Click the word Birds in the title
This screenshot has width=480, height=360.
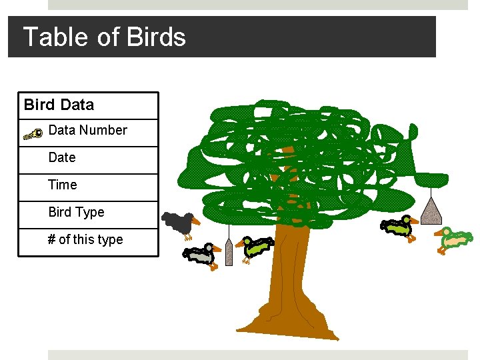click(156, 37)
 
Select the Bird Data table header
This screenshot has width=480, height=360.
click(59, 105)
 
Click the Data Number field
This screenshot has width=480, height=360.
click(87, 131)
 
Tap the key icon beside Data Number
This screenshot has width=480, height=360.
click(33, 134)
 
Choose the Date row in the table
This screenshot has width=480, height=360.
click(62, 158)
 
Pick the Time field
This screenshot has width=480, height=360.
click(63, 185)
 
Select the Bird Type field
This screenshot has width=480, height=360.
click(76, 212)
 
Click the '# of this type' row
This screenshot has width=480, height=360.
click(85, 239)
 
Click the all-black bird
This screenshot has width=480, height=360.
click(178, 223)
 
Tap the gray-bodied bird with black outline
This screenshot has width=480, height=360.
click(199, 254)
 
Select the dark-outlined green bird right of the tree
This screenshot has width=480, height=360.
click(398, 227)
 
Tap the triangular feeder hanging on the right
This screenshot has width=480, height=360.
click(432, 211)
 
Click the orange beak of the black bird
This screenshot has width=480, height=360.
click(196, 220)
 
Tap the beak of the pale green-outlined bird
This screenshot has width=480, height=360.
click(439, 233)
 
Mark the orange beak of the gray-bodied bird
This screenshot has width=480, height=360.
click(217, 249)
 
